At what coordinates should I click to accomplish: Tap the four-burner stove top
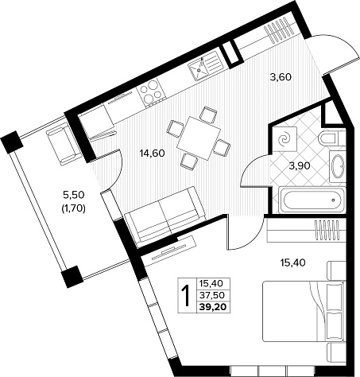pyautogui.click(x=151, y=91)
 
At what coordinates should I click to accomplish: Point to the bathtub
pyautogui.click(x=312, y=200)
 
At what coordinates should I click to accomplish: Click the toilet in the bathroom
pyautogui.click(x=331, y=138)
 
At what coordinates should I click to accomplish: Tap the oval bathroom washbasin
pyautogui.click(x=338, y=165)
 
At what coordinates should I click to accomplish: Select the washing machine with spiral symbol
pyautogui.click(x=285, y=138)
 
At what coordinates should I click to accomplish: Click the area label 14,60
pyautogui.click(x=153, y=154)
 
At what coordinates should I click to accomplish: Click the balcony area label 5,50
pyautogui.click(x=73, y=195)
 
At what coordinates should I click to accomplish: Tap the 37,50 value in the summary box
pyautogui.click(x=212, y=294)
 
